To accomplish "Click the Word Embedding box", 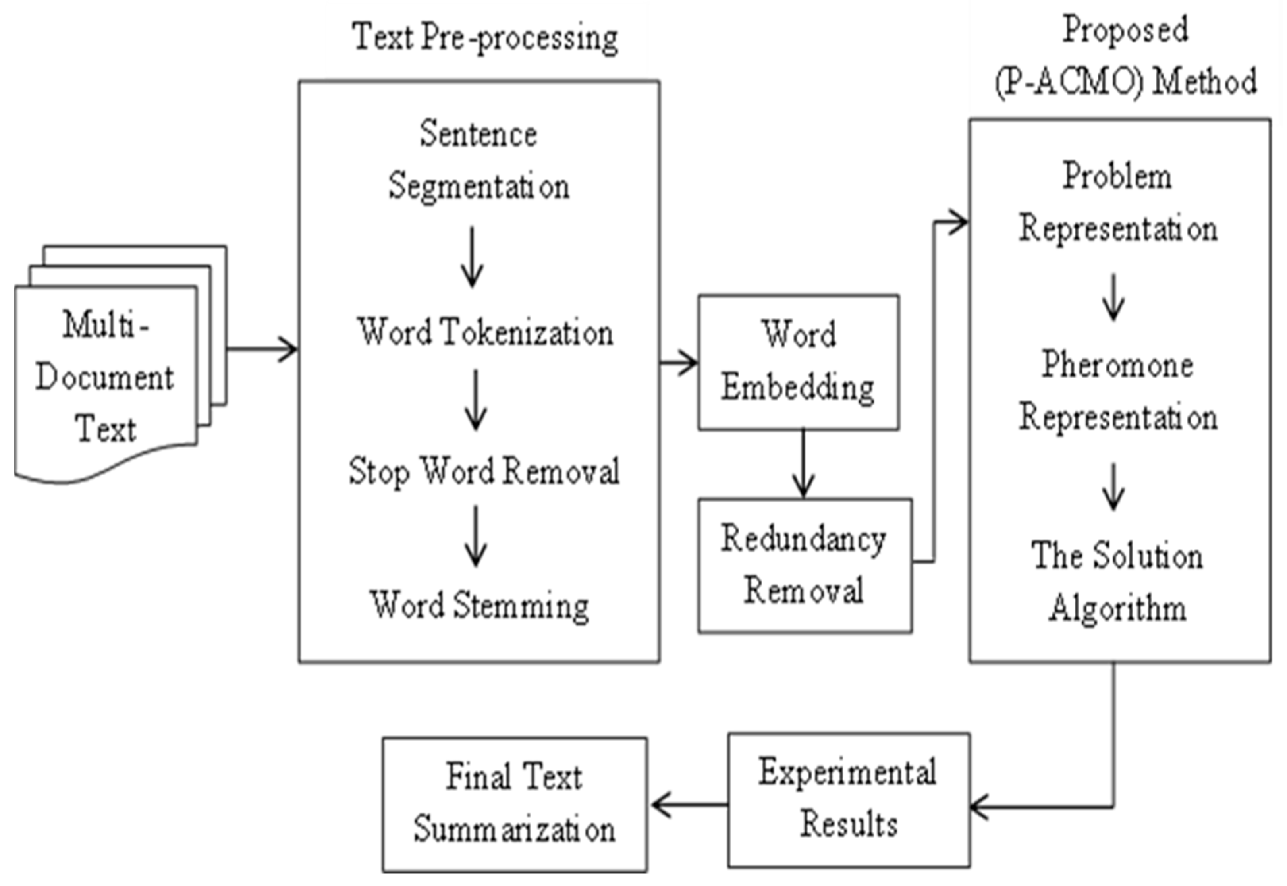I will point(798,361).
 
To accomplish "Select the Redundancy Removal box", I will point(804,565).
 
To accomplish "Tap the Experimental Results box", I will point(849,799).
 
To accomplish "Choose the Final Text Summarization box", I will point(515,804).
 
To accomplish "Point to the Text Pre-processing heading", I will point(485,38).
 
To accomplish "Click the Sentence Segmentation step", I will point(479,160).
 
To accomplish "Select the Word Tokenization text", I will point(485,332).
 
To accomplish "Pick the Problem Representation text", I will point(1118,202).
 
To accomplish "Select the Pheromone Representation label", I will point(1118,391).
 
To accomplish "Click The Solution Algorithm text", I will point(1118,582).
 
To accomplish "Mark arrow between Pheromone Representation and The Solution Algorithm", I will point(1113,487).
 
